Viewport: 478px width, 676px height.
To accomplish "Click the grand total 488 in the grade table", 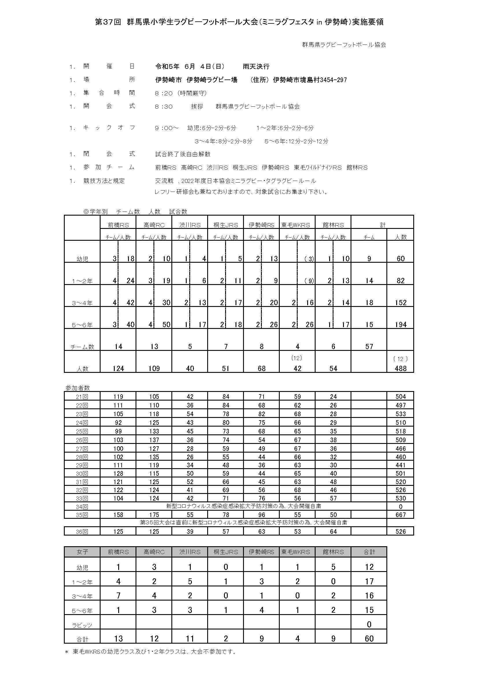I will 401,368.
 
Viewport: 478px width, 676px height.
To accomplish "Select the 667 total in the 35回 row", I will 401,515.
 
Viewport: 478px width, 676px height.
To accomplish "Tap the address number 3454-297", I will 333,80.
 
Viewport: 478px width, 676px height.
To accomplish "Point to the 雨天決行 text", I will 256,66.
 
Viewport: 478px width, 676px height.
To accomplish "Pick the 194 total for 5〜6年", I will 401,325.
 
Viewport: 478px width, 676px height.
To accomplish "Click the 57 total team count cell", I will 369,347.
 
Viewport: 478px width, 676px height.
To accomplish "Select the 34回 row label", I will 82,507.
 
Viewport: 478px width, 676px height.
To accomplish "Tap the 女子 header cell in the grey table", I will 82,552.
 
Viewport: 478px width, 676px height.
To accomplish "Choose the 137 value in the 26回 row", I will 154,440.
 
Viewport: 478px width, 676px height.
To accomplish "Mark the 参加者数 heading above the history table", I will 78,388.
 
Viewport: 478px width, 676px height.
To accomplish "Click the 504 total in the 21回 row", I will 401,397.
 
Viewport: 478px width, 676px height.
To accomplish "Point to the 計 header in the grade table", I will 383,225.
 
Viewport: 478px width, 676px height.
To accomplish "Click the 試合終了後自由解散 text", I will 183,154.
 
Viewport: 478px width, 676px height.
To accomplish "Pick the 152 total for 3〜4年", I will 401,303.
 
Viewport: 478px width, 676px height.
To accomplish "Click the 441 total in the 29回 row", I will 401,465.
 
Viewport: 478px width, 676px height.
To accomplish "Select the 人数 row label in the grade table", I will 82,368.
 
